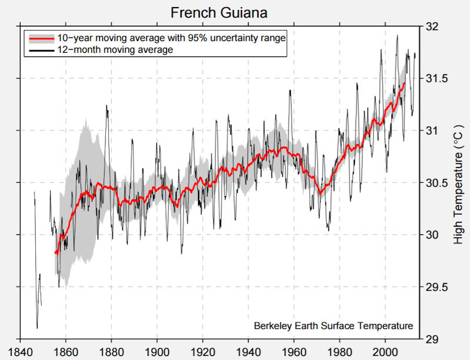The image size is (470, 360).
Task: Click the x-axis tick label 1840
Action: (20, 348)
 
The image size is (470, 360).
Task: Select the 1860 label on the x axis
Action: (66, 348)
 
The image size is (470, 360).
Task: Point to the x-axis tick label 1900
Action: (157, 348)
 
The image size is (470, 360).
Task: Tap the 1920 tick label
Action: (203, 348)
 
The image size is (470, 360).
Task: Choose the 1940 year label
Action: (249, 348)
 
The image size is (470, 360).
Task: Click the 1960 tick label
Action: (294, 348)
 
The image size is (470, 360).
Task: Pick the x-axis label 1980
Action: (340, 348)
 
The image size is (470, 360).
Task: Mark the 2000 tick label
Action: (385, 348)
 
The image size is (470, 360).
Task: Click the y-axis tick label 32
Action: (430, 26)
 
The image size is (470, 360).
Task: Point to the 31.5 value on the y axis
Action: (434, 79)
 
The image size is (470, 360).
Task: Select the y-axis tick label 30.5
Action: (434, 183)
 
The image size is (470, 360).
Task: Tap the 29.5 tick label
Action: (434, 287)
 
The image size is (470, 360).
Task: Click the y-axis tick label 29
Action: (430, 339)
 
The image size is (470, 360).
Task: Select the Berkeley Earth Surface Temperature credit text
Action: (333, 326)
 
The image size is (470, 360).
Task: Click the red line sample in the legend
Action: (42, 38)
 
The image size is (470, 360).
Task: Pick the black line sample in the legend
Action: (42, 50)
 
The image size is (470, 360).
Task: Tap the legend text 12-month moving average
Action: (115, 50)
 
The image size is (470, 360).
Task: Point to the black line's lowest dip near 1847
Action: (37, 328)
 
